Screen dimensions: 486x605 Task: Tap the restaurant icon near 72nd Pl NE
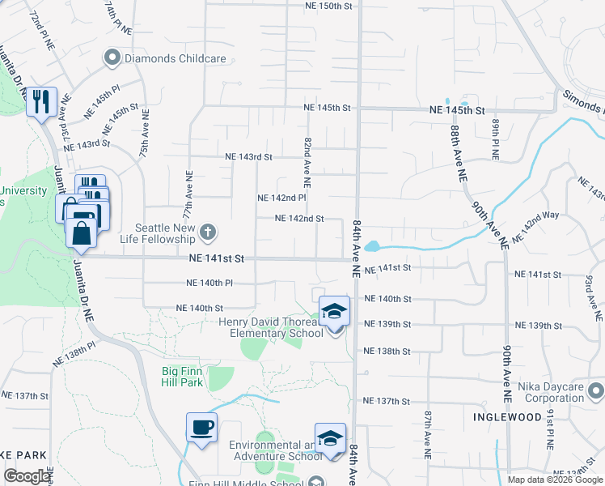[x=40, y=102]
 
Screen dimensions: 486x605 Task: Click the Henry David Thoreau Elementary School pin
[x=333, y=312]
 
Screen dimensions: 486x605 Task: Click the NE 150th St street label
[x=329, y=6]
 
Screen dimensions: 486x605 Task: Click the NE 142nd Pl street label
[x=281, y=198]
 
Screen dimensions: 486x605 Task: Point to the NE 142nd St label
[x=299, y=219]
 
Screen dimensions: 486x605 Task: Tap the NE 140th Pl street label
[x=209, y=283]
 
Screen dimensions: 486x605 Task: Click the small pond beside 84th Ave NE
[x=372, y=246]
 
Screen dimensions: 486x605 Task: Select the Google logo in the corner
[x=26, y=476]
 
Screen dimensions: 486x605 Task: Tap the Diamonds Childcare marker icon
[x=112, y=58]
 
